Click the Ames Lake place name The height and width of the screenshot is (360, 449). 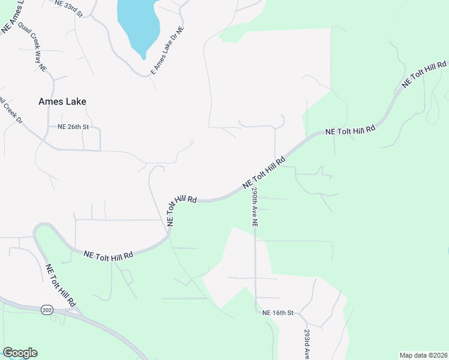(x=62, y=101)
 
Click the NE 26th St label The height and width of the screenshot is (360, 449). (x=73, y=127)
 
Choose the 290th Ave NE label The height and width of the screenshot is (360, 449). (x=255, y=206)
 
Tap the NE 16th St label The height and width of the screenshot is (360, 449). (x=278, y=313)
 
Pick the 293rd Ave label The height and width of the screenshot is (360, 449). (x=307, y=343)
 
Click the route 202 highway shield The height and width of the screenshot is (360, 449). (x=47, y=310)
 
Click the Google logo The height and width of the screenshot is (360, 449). (x=20, y=353)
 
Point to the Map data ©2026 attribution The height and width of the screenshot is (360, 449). (x=423, y=355)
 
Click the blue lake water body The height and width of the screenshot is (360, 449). (x=137, y=24)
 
